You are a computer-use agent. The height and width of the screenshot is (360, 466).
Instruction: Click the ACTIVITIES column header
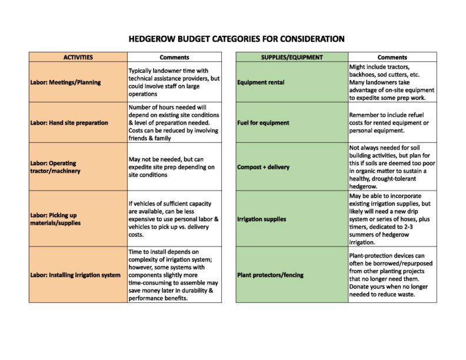coord(78,57)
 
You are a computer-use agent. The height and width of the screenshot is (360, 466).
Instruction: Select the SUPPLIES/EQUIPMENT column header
coord(291,57)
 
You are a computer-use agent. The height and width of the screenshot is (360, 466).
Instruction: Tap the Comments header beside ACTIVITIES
coord(174,57)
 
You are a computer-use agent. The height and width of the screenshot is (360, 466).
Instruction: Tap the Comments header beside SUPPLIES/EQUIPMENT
coord(392,57)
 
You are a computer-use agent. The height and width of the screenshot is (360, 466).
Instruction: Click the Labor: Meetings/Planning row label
coord(65,82)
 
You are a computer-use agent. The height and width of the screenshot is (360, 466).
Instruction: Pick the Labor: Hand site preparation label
coord(69,122)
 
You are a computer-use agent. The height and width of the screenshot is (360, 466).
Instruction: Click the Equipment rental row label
coord(261,82)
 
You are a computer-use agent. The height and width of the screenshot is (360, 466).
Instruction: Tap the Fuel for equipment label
coord(263,122)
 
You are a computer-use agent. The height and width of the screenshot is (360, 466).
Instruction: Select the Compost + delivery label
coord(263,167)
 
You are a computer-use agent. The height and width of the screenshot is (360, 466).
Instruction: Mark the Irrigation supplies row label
coord(261,219)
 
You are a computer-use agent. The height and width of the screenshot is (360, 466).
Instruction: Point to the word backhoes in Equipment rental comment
coord(365,75)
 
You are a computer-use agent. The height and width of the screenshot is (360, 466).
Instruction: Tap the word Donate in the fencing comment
coord(360,286)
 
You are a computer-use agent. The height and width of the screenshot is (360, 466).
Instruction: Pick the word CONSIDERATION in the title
coord(309,39)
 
